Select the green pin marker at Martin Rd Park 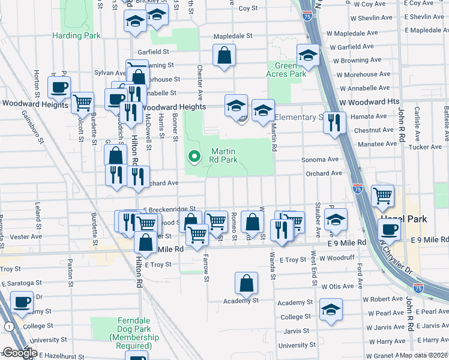pos(194,157)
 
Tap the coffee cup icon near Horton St pos(59,88)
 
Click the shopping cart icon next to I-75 pos(382,196)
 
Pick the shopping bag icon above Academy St pos(246,283)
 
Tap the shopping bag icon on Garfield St pos(224,56)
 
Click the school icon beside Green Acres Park pos(308,56)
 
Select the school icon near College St pos(331,310)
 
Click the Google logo pos(19,353)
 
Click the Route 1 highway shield pos(8,326)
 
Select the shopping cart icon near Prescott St pos(82,103)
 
